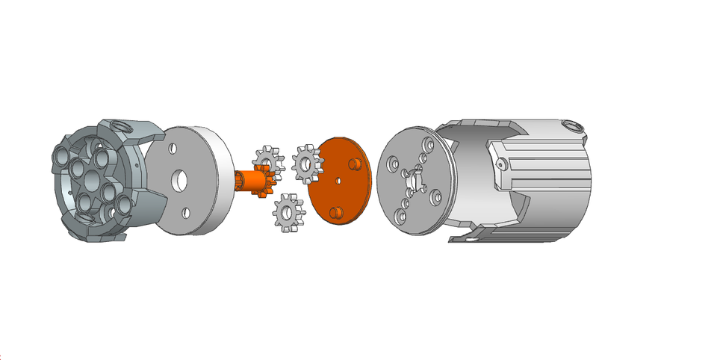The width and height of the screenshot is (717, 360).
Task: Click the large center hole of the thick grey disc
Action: (178, 181)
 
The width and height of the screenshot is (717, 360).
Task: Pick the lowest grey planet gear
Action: (286, 212)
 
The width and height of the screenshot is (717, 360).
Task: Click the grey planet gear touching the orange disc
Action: (306, 164)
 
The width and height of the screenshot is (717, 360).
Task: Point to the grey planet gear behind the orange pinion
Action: (266, 160)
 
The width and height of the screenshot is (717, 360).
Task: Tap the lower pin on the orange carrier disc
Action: (335, 213)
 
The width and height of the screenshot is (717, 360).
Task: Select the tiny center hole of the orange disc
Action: (338, 180)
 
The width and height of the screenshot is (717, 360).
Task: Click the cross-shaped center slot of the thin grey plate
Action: (413, 180)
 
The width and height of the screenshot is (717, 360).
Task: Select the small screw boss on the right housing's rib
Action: (500, 163)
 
